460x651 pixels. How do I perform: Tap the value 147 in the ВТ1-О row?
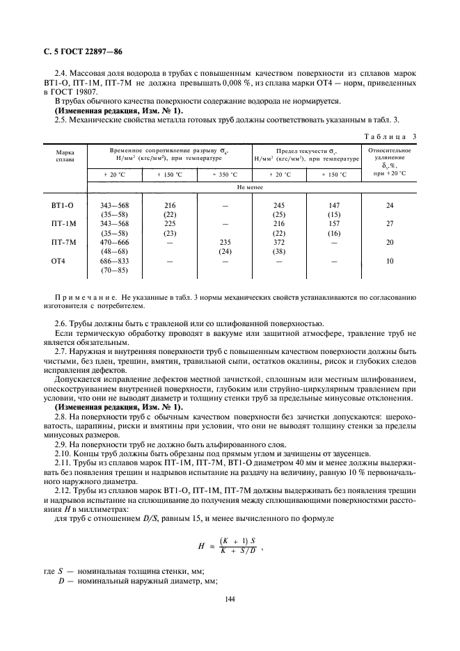coord(333,206)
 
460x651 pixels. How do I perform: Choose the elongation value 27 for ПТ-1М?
coord(390,224)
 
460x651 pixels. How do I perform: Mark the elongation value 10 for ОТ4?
coord(390,261)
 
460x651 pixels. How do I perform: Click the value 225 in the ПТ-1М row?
coord(170,224)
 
